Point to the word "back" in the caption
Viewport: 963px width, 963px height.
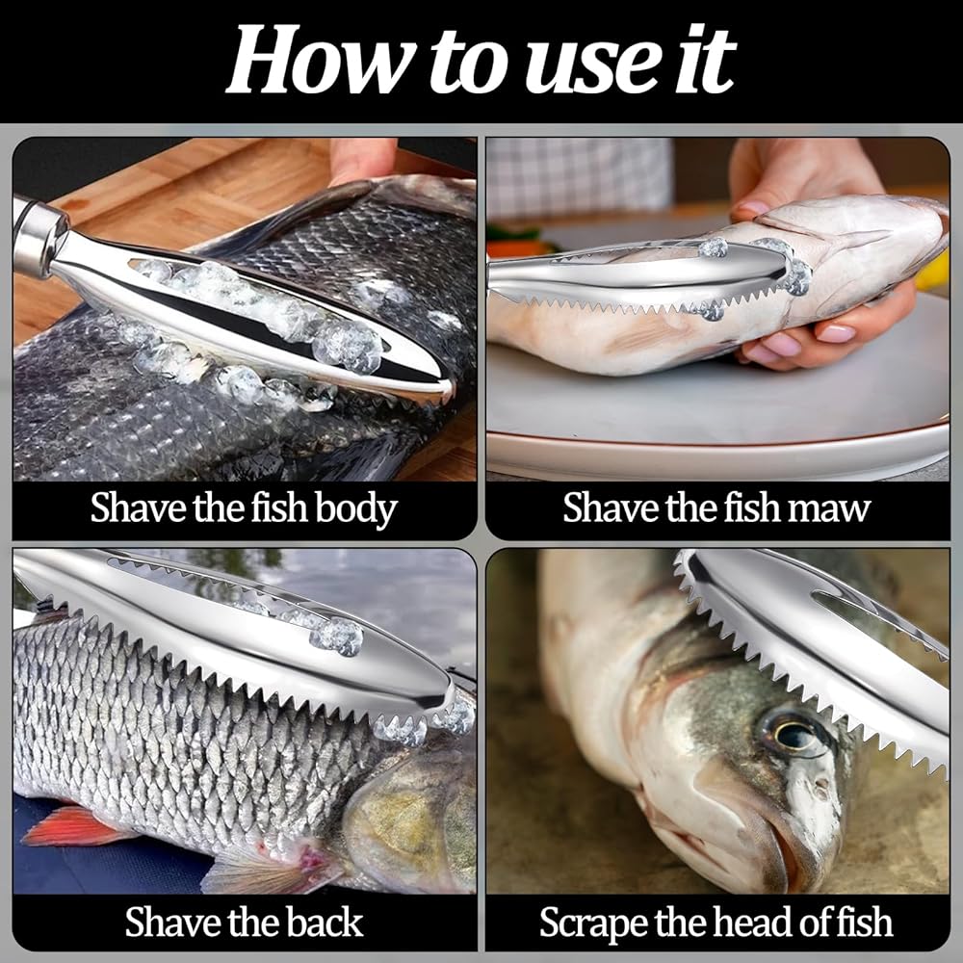325,922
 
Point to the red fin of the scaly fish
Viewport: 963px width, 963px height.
74,826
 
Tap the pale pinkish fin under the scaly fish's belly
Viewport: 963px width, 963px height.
271,868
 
